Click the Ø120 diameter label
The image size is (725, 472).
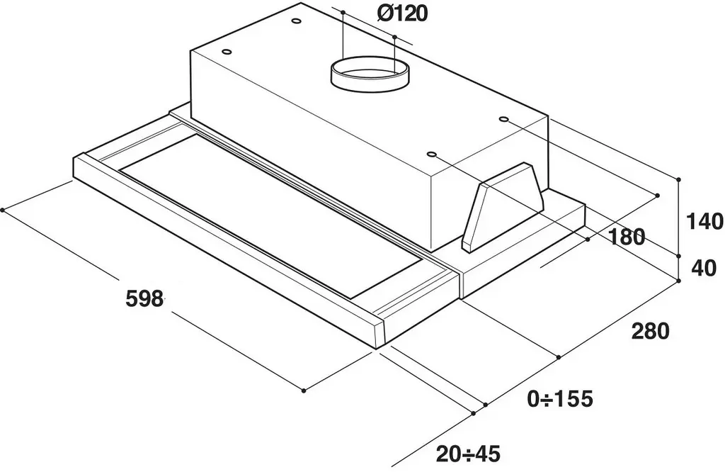click(x=402, y=14)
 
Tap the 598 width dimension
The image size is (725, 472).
click(x=144, y=298)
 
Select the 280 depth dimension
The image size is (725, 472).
click(x=650, y=332)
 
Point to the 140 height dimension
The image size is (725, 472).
click(x=704, y=222)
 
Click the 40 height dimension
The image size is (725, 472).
click(x=703, y=268)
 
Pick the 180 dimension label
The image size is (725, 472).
click(x=626, y=237)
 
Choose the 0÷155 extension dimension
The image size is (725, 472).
click(x=560, y=398)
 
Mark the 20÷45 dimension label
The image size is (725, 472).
click(x=468, y=454)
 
